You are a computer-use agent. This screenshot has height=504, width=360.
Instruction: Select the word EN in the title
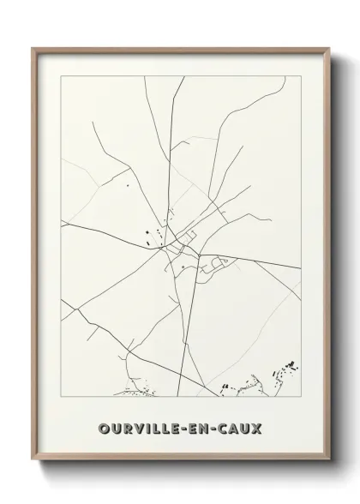tap(201, 427)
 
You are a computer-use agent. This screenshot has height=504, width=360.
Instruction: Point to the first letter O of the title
tap(104, 427)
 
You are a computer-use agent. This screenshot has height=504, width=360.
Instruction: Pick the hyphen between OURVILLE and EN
tap(185, 427)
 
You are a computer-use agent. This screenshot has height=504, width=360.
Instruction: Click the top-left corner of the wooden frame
tap(33, 48)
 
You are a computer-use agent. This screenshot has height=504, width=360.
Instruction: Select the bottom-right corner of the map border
tap(300, 399)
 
